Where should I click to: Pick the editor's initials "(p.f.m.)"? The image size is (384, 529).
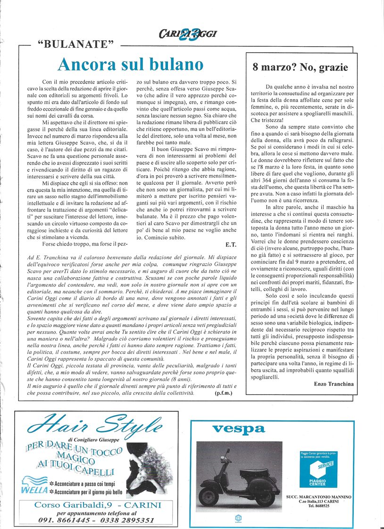(224, 392)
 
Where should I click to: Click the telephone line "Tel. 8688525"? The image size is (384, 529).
(319, 506)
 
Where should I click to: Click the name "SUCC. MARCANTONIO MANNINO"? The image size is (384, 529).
(319, 497)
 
